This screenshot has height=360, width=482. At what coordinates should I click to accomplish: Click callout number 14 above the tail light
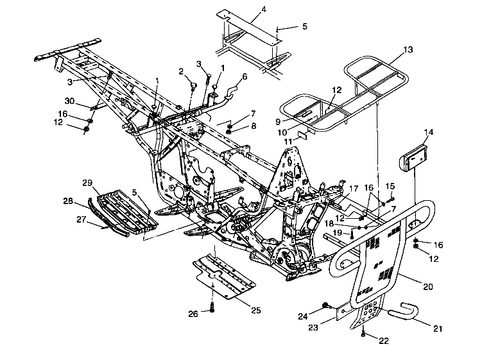tap(429, 132)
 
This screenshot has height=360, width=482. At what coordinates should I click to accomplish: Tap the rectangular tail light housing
tap(416, 158)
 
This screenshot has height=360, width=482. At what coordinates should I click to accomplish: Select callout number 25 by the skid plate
tap(255, 310)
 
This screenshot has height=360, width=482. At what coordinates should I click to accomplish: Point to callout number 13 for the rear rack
tap(408, 49)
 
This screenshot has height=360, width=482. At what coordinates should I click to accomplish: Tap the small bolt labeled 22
tap(364, 333)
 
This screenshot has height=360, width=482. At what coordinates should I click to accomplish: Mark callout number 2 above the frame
tap(181, 71)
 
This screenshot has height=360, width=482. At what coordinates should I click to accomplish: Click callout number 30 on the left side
tap(70, 101)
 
